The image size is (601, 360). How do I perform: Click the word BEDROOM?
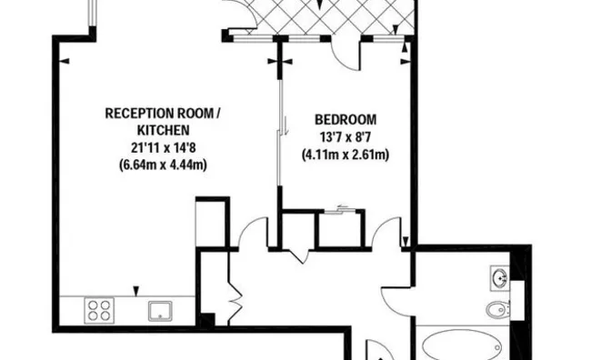coord(346,120)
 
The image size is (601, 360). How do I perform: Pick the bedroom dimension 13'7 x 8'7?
coord(346,137)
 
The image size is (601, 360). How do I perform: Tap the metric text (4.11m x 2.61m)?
coord(346,155)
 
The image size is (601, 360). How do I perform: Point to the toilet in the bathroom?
coord(496,311)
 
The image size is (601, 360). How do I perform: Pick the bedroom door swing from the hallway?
coord(388,235)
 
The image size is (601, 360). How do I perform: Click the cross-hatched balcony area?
coord(318,16)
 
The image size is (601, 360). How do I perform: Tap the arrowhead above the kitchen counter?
coord(136,290)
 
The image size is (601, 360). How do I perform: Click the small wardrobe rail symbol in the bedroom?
coord(342,211)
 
